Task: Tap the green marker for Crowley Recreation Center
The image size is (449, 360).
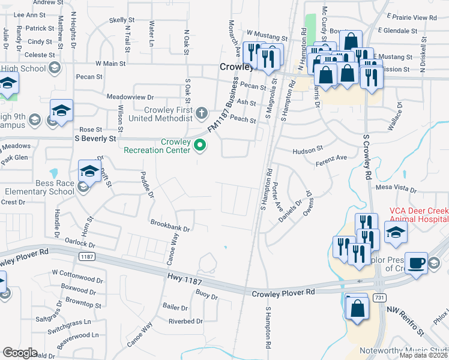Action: [202, 145]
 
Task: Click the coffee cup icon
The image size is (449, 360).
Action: [415, 264]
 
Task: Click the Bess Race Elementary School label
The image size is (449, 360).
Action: [38, 187]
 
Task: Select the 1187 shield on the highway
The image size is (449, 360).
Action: [86, 257]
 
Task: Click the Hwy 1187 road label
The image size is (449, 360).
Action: [184, 281]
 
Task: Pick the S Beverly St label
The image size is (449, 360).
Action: [95, 139]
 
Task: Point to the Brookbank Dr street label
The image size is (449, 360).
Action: [170, 229]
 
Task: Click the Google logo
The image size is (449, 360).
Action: [20, 353]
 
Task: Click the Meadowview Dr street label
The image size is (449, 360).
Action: [130, 97]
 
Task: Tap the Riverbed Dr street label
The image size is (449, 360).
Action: [186, 321]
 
